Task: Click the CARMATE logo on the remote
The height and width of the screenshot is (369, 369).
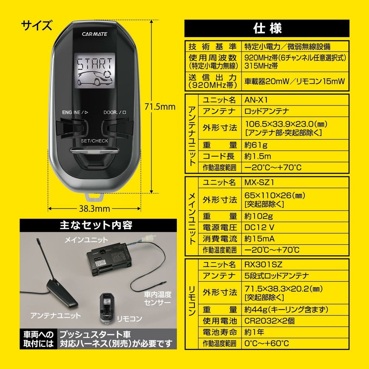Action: [94, 33]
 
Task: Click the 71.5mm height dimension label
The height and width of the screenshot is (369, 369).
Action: [160, 107]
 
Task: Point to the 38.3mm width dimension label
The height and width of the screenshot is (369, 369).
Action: [94, 208]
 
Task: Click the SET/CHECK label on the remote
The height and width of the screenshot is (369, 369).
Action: [94, 141]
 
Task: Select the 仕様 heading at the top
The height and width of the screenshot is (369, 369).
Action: [267, 28]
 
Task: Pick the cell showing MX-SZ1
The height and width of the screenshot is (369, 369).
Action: [259, 182]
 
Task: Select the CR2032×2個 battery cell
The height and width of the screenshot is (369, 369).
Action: [270, 321]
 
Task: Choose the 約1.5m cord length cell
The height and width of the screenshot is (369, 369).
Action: [258, 156]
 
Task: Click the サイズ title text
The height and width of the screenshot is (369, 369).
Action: [37, 26]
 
